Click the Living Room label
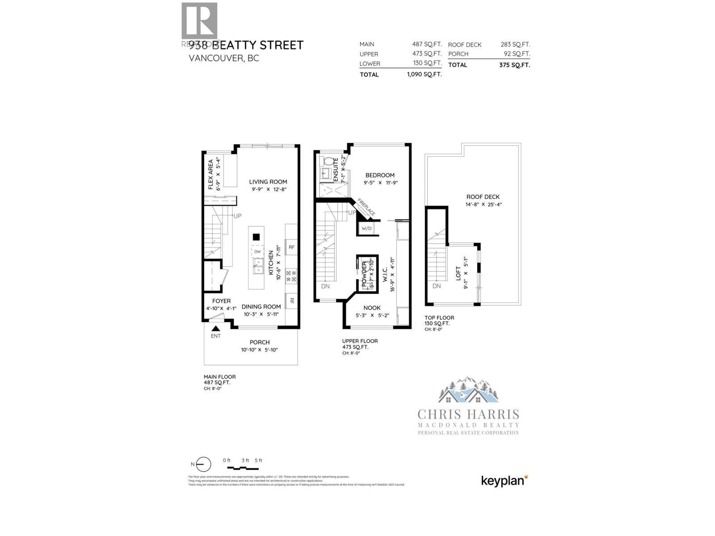point(268,182)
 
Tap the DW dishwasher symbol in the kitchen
point(257,252)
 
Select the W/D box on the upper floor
point(366,229)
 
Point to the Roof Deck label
point(483,197)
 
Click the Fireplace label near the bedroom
point(366,207)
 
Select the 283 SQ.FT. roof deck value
point(515,45)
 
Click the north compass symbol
point(203,465)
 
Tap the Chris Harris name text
point(468,414)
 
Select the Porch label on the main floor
point(260,343)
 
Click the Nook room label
point(372,308)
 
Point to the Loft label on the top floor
point(458,274)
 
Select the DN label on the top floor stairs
point(437,286)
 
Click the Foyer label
point(221,301)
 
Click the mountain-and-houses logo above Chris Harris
point(468,390)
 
